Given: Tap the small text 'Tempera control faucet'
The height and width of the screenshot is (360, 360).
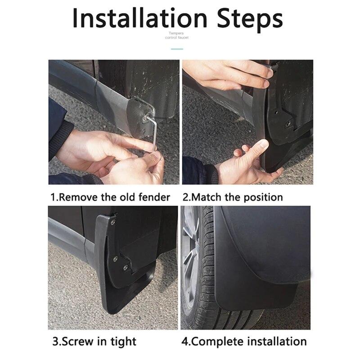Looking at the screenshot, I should [x=177, y=36].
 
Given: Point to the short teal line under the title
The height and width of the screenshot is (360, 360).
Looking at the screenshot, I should [x=177, y=49].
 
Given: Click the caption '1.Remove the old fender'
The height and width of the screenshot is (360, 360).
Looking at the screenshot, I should [x=110, y=197].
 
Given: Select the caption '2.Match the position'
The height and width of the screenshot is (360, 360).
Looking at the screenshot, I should [x=232, y=197].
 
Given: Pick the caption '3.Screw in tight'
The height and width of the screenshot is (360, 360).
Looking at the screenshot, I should [x=94, y=341].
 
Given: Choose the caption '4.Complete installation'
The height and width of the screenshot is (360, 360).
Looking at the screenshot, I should [x=243, y=341].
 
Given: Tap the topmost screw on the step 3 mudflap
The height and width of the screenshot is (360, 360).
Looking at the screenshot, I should [x=112, y=222].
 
